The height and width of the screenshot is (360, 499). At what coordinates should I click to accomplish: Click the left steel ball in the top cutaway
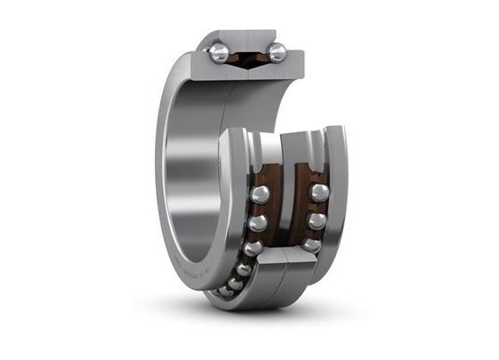tap(219, 54)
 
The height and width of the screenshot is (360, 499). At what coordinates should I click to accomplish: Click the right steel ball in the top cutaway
tap(277, 53)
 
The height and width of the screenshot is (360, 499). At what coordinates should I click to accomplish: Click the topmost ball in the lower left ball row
tap(260, 194)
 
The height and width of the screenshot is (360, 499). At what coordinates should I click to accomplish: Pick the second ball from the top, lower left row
tap(258, 223)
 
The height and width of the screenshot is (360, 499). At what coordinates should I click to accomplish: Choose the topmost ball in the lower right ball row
tap(319, 193)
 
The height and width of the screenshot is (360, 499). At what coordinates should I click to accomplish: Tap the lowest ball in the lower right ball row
tap(311, 244)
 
